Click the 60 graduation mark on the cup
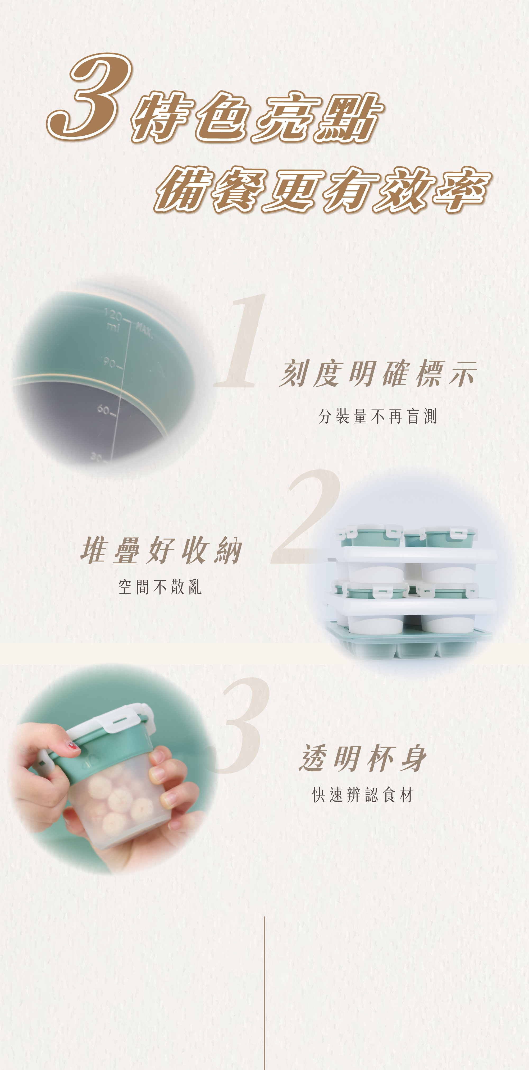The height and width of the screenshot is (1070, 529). coord(106,410)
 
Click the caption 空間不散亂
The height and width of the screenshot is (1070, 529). coord(160,587)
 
